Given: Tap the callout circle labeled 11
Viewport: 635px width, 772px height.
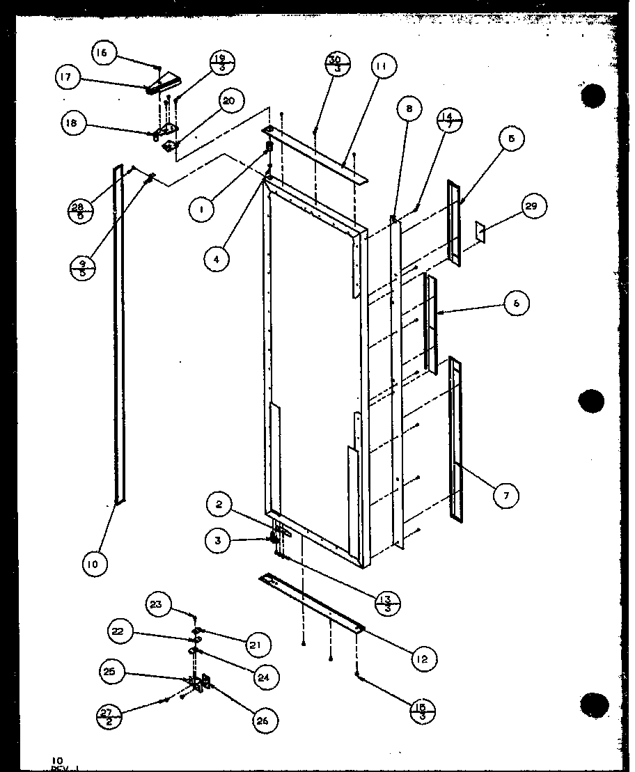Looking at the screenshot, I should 382,67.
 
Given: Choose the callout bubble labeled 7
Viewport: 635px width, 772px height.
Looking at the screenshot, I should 506,496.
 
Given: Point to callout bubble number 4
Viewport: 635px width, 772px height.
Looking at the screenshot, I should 217,258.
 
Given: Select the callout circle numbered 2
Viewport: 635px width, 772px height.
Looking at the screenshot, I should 219,505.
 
